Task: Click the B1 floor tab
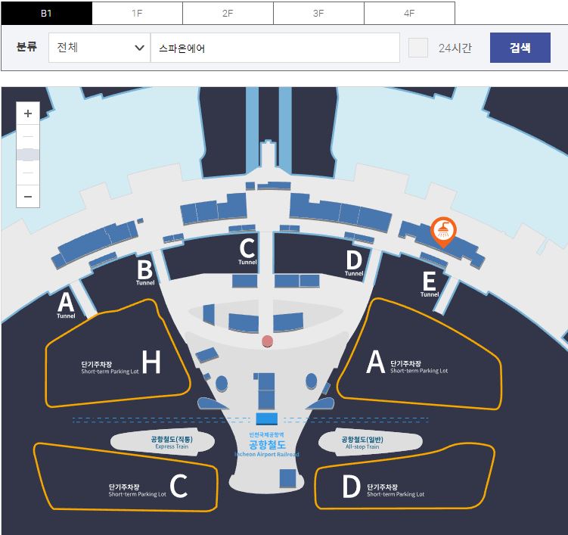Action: coord(46,13)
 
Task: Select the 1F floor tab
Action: coord(137,13)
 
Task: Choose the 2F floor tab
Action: coord(228,13)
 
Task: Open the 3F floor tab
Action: coord(318,13)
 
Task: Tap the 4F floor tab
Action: coord(409,13)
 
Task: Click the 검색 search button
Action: coord(520,48)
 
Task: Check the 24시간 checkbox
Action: coord(418,48)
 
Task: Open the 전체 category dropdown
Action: coord(99,48)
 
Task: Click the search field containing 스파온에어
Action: coord(275,48)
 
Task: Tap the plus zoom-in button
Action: coord(28,114)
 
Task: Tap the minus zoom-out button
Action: coord(28,196)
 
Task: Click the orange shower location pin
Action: coord(442,230)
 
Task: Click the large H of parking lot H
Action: coord(151,363)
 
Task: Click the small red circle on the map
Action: coord(266,342)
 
